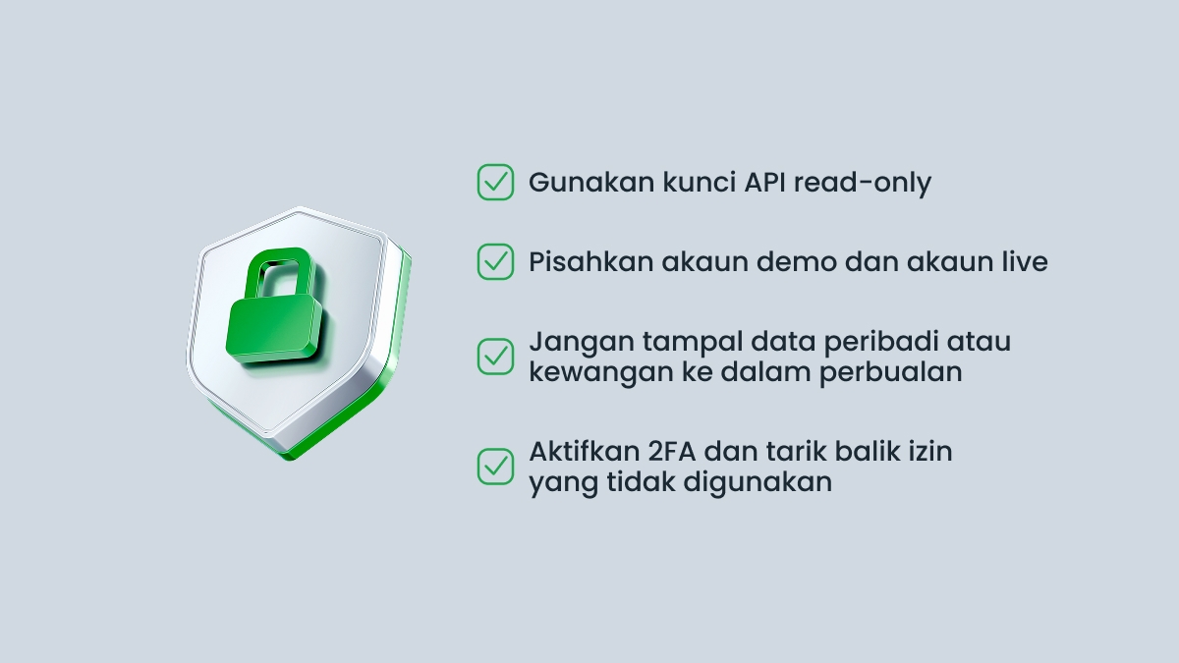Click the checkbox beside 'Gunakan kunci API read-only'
point(495,182)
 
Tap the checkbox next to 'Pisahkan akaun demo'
point(495,261)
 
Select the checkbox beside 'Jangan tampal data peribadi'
point(495,356)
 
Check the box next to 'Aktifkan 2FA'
point(495,466)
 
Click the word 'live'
point(1024,262)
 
